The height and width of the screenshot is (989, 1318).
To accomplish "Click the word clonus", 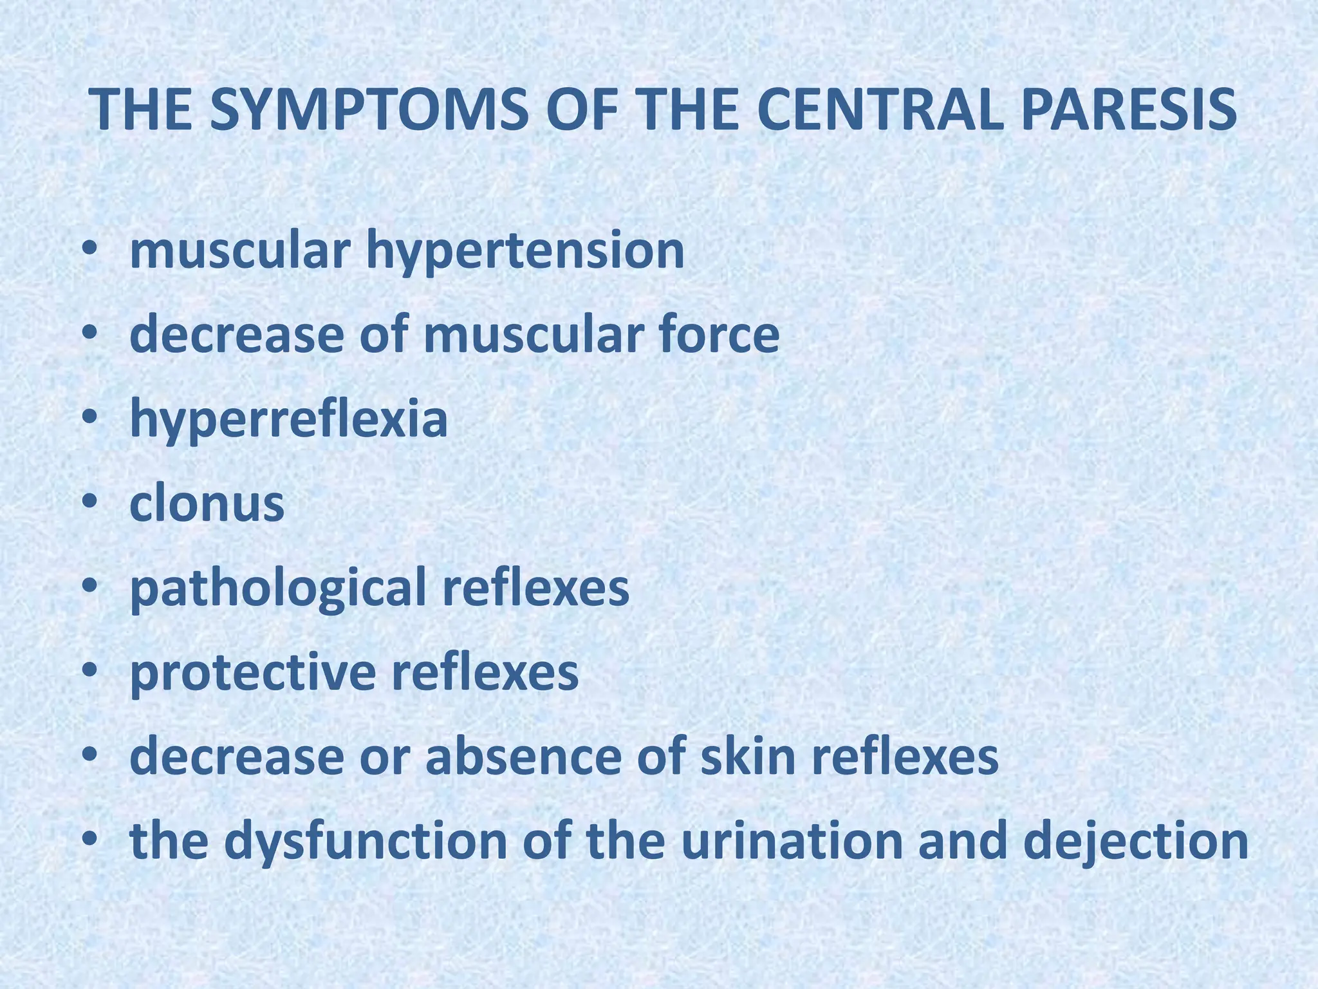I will pyautogui.click(x=207, y=504).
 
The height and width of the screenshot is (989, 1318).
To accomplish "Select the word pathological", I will pyautogui.click(x=277, y=589).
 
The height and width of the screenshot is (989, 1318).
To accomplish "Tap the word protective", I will pyautogui.click(x=252, y=673).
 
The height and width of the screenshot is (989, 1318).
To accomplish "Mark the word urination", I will pyautogui.click(x=792, y=842).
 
